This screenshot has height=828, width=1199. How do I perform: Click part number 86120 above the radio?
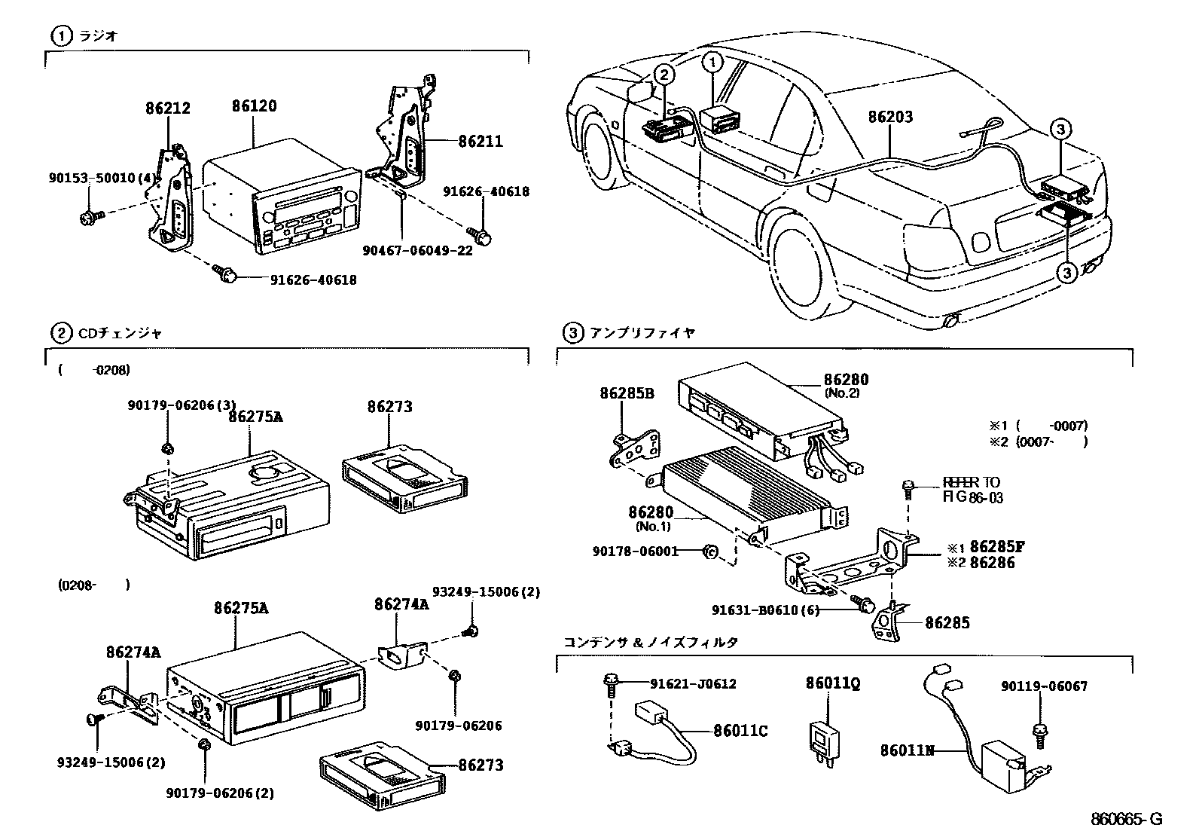[254, 106]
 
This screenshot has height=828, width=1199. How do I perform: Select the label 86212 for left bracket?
[167, 108]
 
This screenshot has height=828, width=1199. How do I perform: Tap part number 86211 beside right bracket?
[481, 142]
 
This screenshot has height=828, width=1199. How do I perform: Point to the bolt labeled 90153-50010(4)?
[86, 219]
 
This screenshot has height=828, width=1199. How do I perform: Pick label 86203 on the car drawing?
[889, 117]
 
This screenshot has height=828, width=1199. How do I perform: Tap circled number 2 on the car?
[663, 73]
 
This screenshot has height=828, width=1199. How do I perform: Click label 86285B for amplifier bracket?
[627, 393]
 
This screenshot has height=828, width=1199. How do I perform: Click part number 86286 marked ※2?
[992, 563]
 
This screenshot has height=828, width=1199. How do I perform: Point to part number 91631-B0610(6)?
[765, 610]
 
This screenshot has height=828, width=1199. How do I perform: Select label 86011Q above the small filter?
[832, 683]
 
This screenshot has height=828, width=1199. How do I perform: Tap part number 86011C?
[740, 731]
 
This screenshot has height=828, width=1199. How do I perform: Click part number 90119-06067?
[1044, 686]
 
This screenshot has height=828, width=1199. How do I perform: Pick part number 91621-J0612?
[693, 684]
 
